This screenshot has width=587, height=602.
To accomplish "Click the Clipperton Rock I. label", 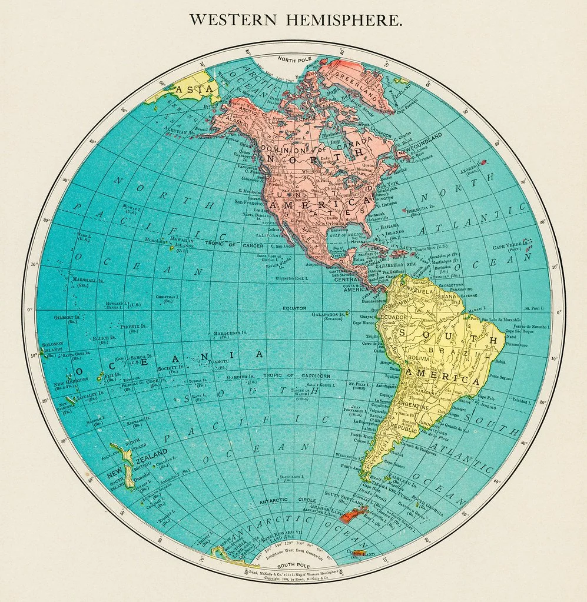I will [290, 278].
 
